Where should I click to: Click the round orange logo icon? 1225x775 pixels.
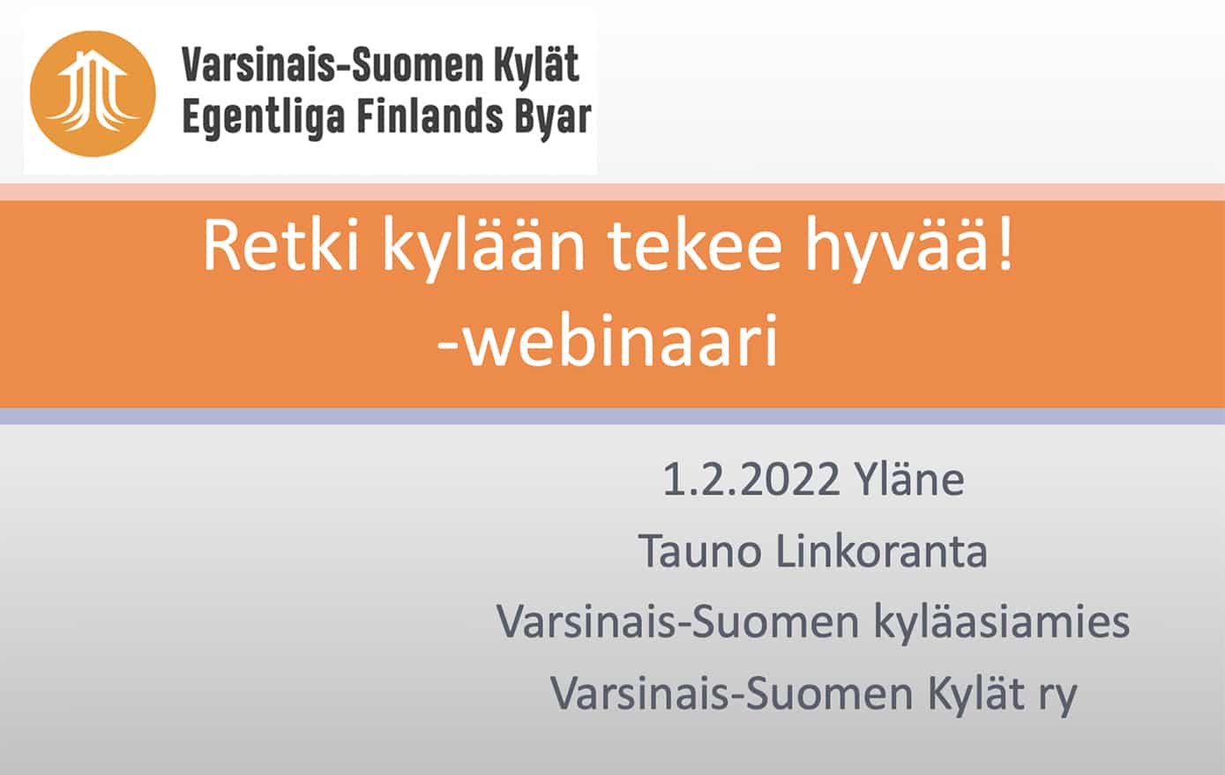(x=93, y=93)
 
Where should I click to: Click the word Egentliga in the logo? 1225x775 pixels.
(x=264, y=119)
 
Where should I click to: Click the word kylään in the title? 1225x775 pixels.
(x=483, y=250)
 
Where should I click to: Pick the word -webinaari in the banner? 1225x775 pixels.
(x=608, y=341)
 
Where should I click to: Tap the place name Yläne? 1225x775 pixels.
(x=909, y=478)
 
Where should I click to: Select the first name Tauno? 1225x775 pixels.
(x=700, y=551)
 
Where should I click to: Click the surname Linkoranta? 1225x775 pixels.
(x=882, y=550)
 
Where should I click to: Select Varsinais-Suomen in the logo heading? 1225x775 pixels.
(x=333, y=64)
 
